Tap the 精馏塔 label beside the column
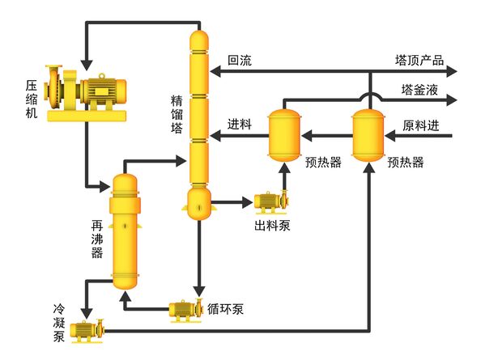177,118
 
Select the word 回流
240,60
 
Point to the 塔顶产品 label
419,60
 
